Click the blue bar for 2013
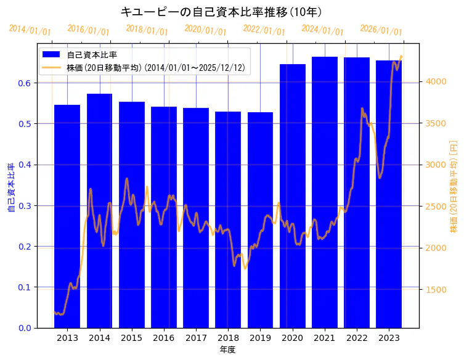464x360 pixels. (67, 216)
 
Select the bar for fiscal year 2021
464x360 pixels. (325, 192)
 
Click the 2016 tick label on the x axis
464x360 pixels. (164, 338)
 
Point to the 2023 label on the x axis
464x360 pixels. (389, 338)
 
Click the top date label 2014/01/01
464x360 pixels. (30, 30)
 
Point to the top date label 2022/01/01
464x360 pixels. (264, 29)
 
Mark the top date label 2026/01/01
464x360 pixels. (381, 30)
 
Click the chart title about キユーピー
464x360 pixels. (221, 12)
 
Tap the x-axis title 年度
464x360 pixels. (228, 350)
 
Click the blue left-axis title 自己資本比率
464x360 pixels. (10, 188)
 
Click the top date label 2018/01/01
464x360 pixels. (147, 30)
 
